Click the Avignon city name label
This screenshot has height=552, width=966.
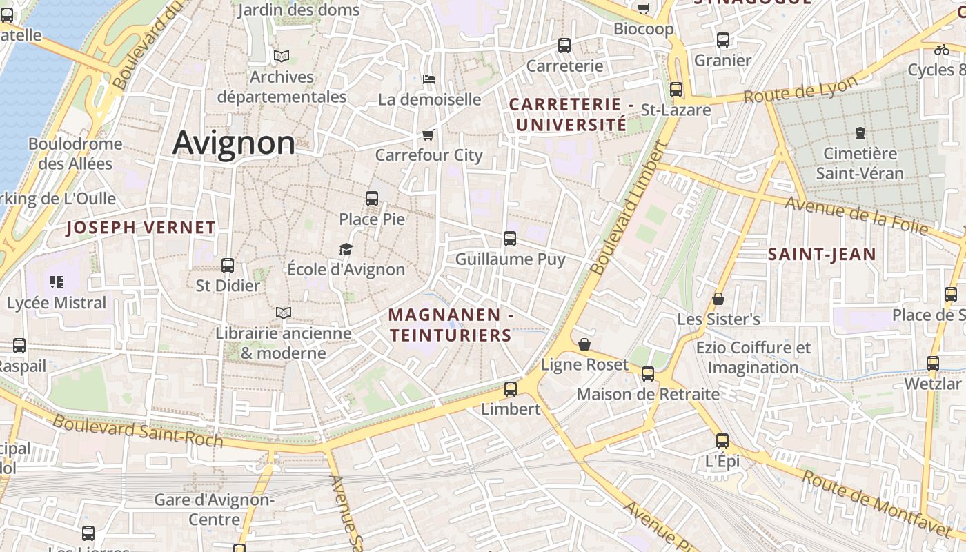point(234,143)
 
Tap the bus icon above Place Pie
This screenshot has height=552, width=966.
point(372,199)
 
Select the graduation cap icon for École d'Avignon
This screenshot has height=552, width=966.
point(346,249)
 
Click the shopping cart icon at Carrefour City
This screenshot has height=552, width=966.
point(428,135)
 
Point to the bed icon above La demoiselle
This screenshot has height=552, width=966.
point(428,79)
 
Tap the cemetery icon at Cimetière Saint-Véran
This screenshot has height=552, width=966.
point(860,132)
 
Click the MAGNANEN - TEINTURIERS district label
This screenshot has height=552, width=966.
point(450,325)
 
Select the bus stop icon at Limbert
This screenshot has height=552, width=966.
point(511,389)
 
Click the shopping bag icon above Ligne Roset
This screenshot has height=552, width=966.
point(584,344)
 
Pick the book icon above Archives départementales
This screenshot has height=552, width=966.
point(281,57)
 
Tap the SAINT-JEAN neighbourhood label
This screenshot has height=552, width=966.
point(822,255)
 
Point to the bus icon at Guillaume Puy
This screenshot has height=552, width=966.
point(510,239)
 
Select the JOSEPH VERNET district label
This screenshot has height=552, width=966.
point(141,228)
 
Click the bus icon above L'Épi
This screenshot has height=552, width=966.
point(722,440)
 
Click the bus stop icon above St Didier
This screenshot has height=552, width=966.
point(228,266)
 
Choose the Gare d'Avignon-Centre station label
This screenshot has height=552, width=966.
point(214,509)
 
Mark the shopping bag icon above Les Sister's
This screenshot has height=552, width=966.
point(718,299)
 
